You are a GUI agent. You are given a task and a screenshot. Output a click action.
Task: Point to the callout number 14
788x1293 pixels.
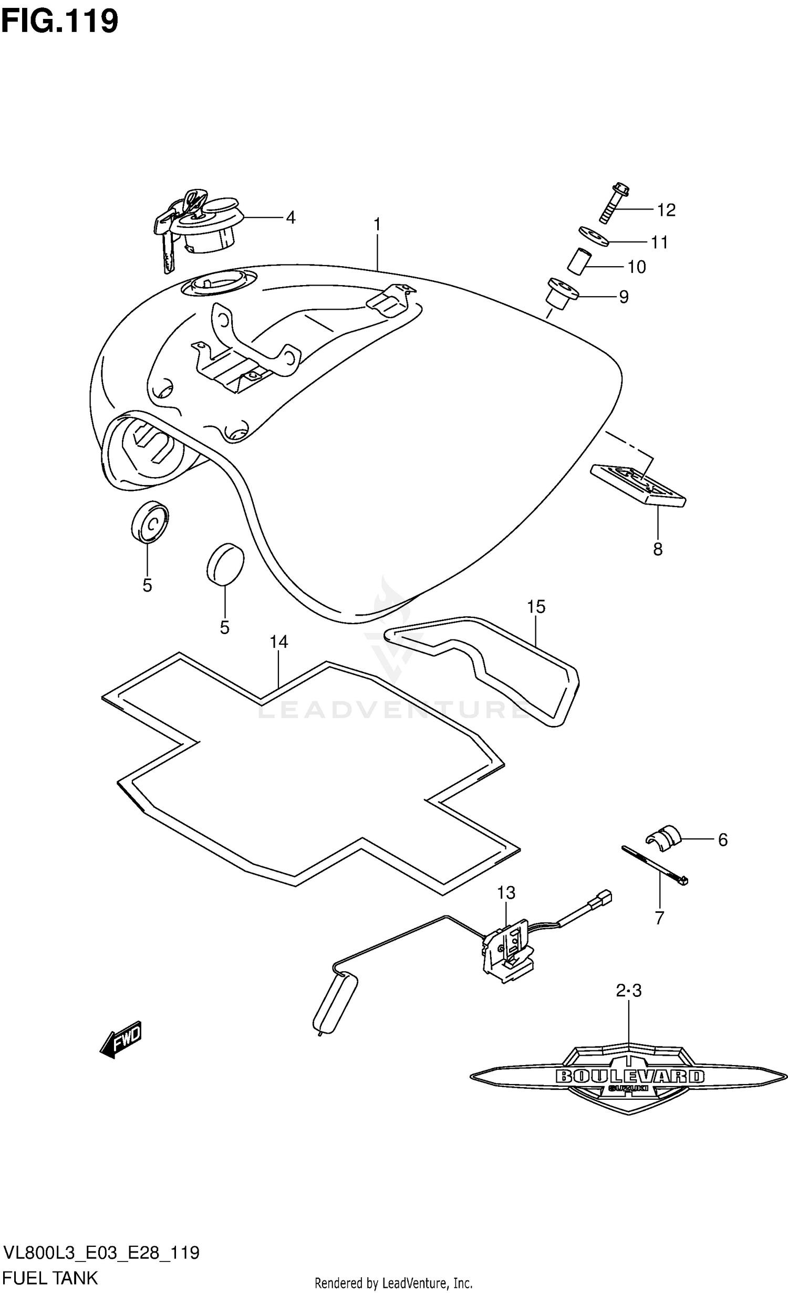click(279, 642)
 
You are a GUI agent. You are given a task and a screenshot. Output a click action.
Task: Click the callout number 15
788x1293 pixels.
click(536, 607)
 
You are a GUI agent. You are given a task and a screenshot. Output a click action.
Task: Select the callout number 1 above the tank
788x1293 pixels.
click(377, 225)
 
